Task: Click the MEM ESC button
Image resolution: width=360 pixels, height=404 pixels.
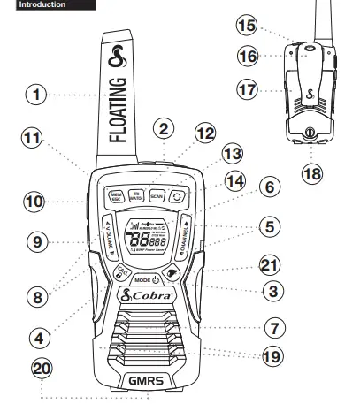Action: click(115, 196)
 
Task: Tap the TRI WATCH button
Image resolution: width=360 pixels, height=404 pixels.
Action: click(136, 195)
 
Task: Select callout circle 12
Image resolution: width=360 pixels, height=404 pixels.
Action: click(204, 134)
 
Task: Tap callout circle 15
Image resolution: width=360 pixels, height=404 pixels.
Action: click(247, 26)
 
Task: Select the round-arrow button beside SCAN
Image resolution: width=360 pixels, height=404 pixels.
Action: click(180, 195)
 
